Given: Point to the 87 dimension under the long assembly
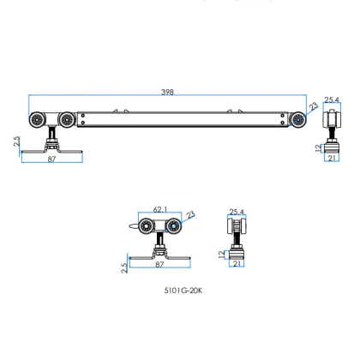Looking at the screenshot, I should [x=51, y=159].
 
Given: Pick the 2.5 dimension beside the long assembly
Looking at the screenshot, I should [x=17, y=141].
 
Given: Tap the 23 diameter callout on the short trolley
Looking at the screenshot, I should [x=190, y=215].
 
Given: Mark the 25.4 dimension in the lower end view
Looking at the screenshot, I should [x=237, y=210].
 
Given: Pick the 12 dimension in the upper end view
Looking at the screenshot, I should [x=317, y=147].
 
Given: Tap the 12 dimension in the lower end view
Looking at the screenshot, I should [x=222, y=253].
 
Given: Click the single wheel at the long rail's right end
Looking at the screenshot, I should [x=297, y=119].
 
